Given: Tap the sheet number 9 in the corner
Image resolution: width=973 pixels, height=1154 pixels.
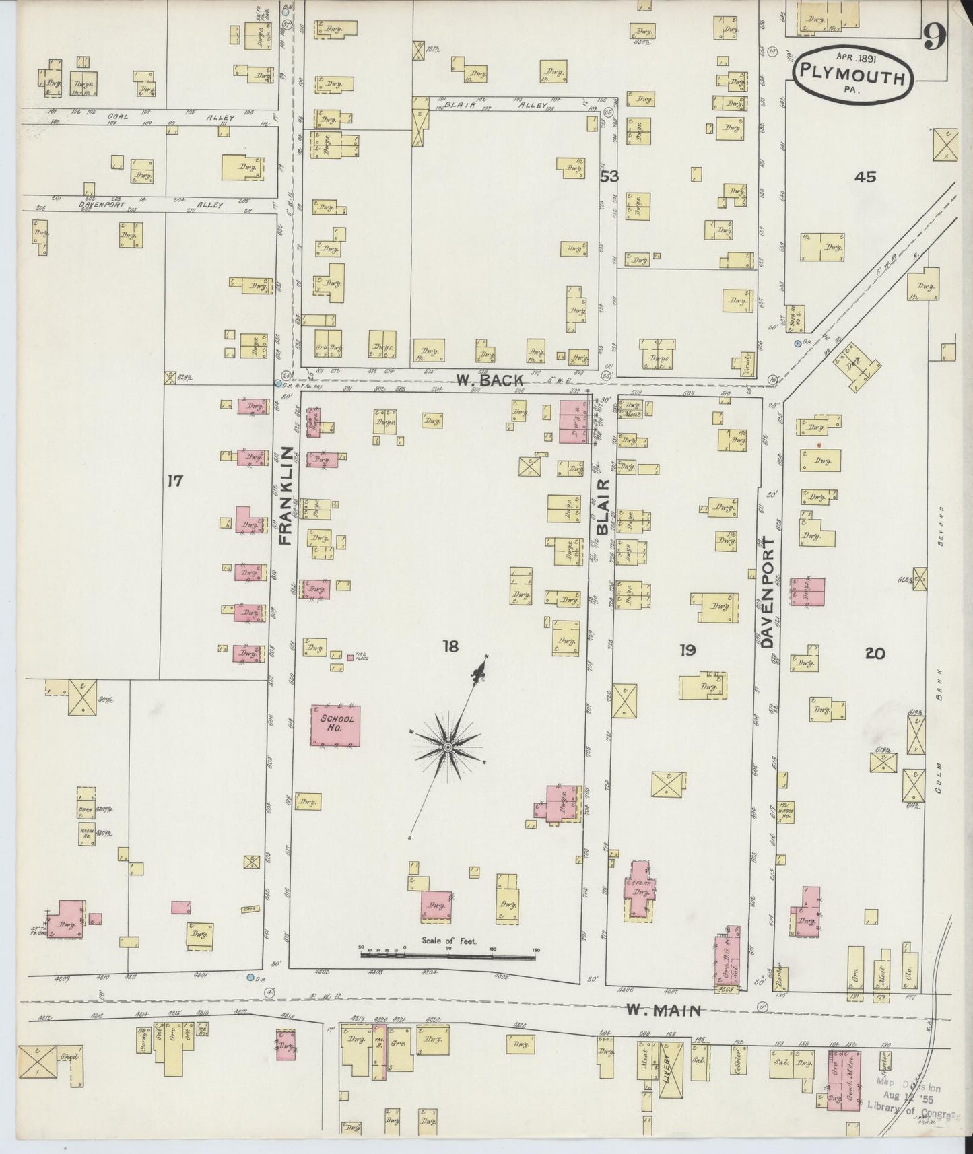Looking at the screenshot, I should pos(935,37).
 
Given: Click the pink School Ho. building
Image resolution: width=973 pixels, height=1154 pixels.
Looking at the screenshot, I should pos(335,725).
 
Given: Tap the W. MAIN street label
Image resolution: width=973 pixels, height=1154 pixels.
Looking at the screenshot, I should pos(663,1010).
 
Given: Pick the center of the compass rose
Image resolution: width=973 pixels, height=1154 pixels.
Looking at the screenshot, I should pos(447,748).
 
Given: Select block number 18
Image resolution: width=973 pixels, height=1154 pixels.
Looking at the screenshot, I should pos(450,647).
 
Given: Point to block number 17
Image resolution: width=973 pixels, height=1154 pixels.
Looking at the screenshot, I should pos(175,481).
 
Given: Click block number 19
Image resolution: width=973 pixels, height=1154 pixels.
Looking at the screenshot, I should pos(687,650).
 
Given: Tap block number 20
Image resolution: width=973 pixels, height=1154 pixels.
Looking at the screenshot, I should pos(875,653).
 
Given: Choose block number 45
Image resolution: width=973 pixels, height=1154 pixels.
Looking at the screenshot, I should pos(865,177).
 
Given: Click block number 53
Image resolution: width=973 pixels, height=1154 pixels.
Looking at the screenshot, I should pos(609,177).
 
